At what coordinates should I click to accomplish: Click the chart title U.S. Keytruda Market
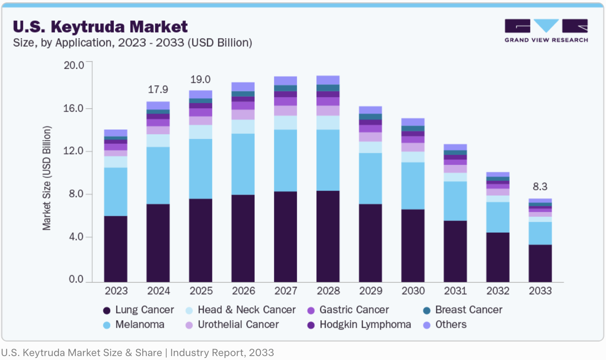click(100, 27)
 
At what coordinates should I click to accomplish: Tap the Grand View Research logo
click(546, 31)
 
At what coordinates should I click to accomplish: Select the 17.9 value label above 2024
click(158, 90)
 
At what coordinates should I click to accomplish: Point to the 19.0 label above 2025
click(200, 79)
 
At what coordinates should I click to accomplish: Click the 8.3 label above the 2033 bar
click(540, 187)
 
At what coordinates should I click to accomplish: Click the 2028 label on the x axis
click(328, 291)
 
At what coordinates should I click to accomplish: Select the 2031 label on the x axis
click(455, 291)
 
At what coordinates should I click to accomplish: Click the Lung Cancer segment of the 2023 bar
click(116, 249)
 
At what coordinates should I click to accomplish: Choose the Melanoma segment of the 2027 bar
click(285, 160)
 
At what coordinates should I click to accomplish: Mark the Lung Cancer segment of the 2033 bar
click(540, 263)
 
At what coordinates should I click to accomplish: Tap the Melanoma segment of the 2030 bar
click(413, 186)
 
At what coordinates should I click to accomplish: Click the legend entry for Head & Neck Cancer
click(241, 310)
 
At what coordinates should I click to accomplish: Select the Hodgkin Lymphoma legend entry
click(360, 325)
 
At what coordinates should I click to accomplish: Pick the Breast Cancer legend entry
click(463, 310)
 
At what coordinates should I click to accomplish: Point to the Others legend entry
click(445, 325)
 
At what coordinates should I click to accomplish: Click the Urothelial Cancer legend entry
click(232, 325)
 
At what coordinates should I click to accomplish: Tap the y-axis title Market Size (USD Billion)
click(47, 178)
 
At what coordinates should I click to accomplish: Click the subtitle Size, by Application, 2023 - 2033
click(132, 43)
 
